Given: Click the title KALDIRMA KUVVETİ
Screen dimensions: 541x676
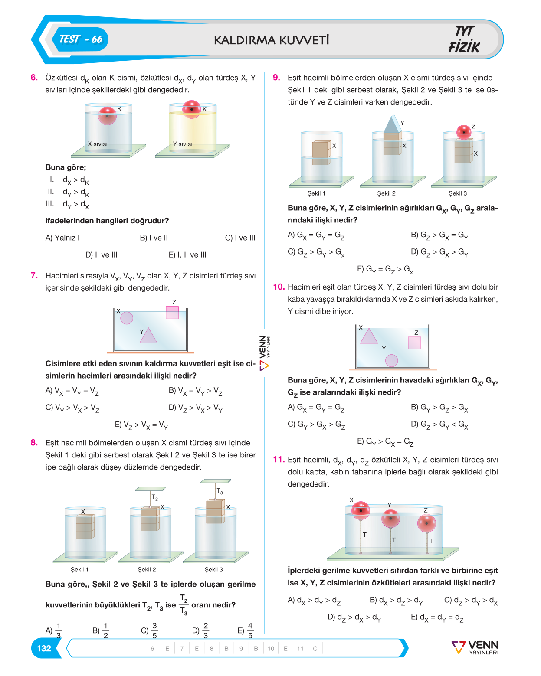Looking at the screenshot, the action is pos(271,40).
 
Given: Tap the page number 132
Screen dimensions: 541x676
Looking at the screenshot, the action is pos(44,648).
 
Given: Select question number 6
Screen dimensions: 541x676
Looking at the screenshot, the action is pos(34,77).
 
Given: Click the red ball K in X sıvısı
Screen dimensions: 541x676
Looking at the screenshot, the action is pos(107,116).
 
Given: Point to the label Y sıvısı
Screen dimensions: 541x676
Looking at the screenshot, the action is pos(183,144).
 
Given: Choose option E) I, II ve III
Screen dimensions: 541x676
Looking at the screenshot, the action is pos(187,255).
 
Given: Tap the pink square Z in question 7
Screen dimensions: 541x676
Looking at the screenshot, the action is pos(172,312).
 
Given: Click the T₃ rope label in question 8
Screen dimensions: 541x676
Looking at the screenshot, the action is pos(220,491).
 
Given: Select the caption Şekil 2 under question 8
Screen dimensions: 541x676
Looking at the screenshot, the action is pos(147,569).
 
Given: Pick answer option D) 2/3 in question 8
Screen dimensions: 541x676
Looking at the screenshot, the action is pos(200,630).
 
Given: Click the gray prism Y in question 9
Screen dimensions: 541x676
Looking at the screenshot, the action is pos(392,125).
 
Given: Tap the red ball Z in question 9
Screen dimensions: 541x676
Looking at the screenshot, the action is pos(464,132).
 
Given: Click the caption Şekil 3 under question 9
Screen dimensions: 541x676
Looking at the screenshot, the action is pos(458,193).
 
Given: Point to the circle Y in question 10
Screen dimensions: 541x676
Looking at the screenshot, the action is pos(391,360).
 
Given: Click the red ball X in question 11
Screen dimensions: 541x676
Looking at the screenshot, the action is pos(361,510).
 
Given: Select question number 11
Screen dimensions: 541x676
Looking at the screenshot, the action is pos(279,460).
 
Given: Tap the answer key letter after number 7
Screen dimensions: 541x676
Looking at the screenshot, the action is pos(197,648).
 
